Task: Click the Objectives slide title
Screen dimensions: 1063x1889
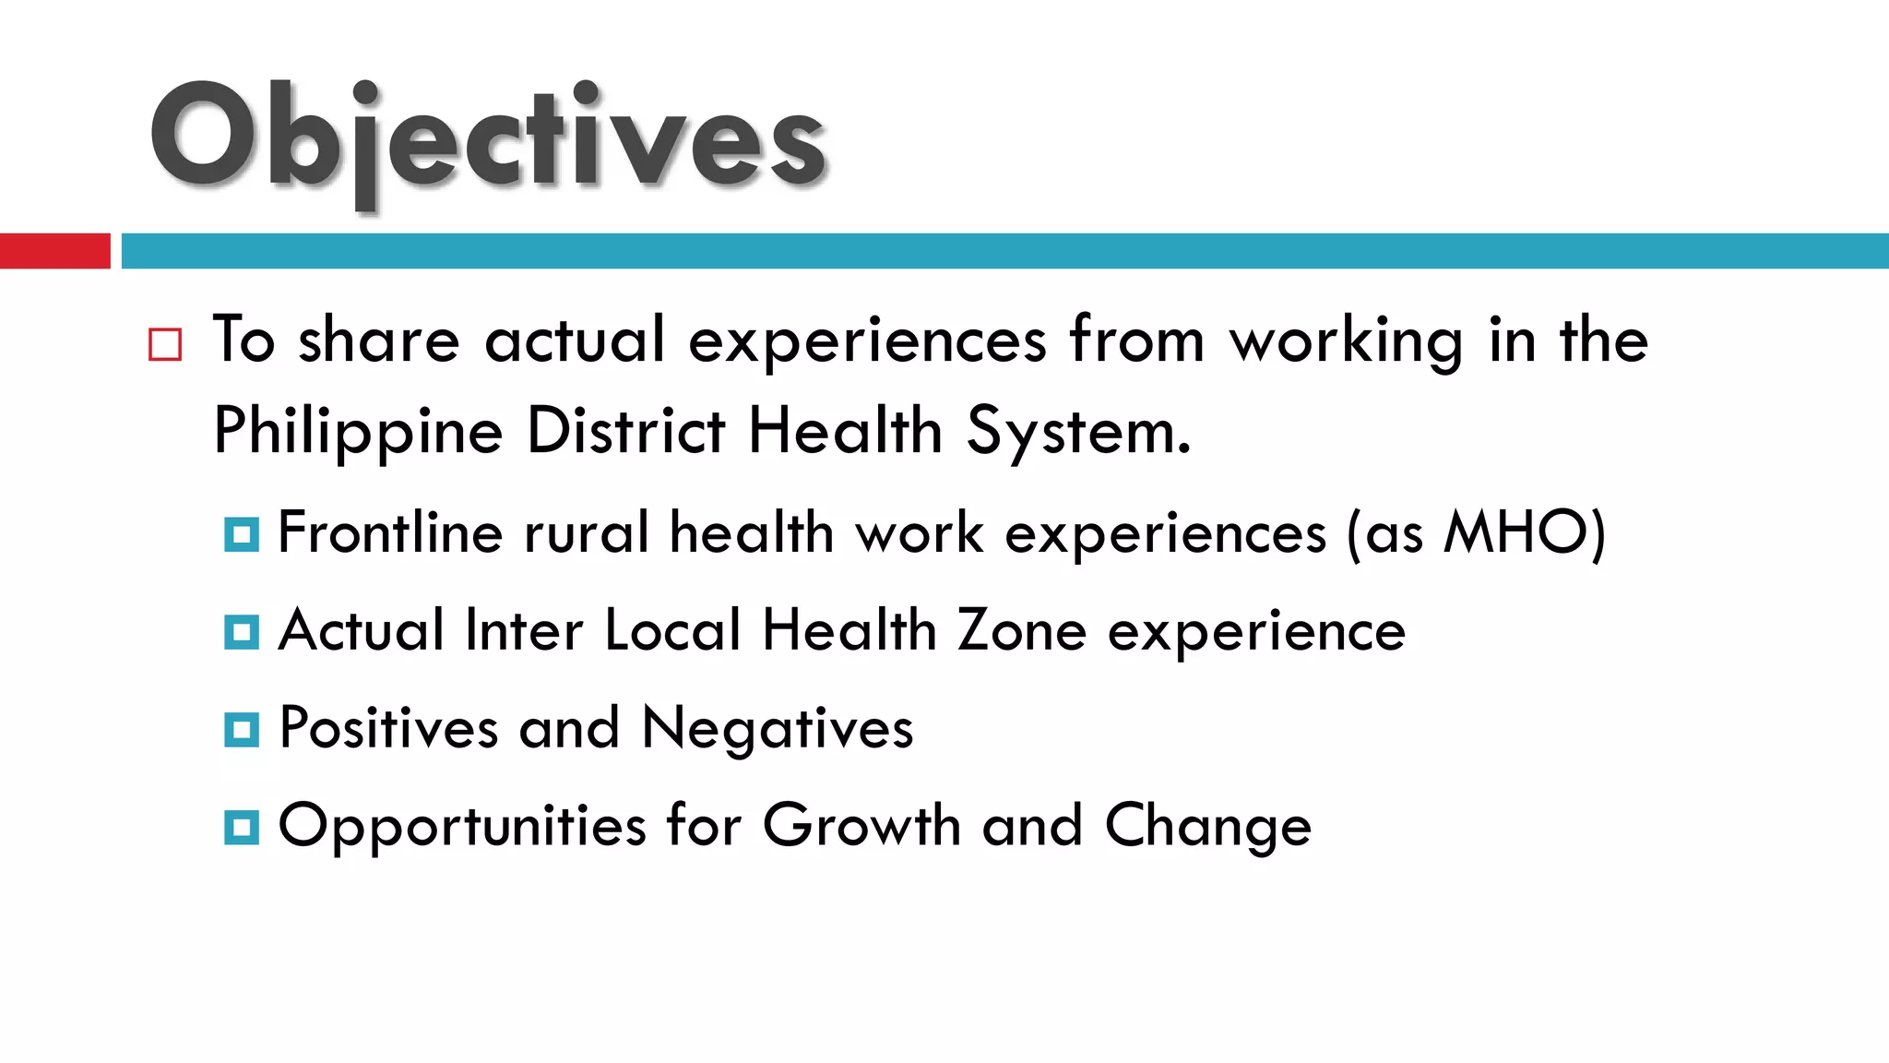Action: [x=489, y=138]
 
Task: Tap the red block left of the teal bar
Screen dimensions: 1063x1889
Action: [x=54, y=251]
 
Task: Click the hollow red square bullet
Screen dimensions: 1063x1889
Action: [x=165, y=344]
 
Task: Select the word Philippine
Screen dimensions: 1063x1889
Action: [x=358, y=432]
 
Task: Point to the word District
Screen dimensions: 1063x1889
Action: [x=625, y=430]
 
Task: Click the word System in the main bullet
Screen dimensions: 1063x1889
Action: [x=1077, y=432]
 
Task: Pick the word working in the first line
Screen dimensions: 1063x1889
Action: [x=1346, y=341]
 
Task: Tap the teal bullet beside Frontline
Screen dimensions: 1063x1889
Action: [x=242, y=534]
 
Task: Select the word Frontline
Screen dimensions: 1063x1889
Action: [x=389, y=532]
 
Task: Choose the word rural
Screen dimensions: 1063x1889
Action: [x=587, y=532]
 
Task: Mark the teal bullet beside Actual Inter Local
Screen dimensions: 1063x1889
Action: [x=242, y=632]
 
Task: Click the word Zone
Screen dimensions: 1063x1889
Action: [x=1022, y=631]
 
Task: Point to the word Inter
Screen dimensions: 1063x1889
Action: [x=524, y=631]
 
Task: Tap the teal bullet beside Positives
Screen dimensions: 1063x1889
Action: [x=242, y=730]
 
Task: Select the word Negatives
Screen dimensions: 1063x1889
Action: [x=777, y=729]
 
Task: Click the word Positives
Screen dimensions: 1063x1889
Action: [x=388, y=728]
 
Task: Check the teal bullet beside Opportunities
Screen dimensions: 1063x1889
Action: [x=242, y=828]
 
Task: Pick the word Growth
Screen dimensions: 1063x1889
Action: [x=861, y=826]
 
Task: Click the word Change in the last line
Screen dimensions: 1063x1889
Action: [x=1207, y=827]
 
